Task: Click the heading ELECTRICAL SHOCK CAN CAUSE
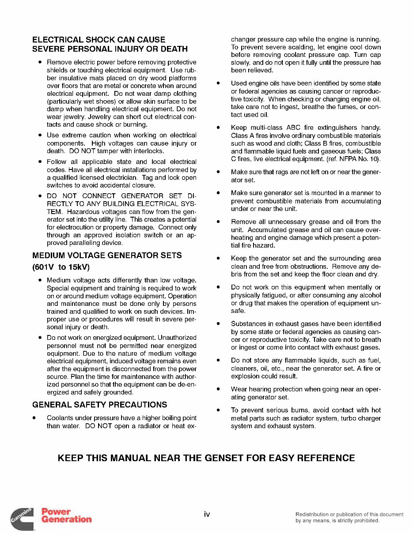click(x=99, y=40)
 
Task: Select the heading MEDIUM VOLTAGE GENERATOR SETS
click(x=107, y=256)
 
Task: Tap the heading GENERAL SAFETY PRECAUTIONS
click(x=100, y=405)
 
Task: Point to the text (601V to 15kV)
click(x=61, y=267)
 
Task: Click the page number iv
click(x=207, y=514)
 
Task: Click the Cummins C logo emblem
click(x=23, y=519)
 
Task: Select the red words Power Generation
click(x=66, y=515)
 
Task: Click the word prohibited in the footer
click(x=364, y=520)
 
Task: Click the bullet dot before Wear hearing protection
click(x=218, y=389)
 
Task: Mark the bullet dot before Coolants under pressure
click(x=34, y=418)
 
